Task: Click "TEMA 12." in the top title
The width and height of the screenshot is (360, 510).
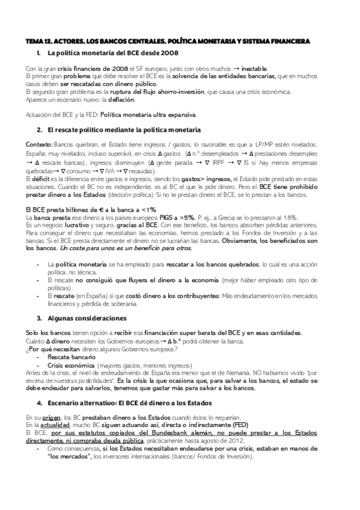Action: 40,41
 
